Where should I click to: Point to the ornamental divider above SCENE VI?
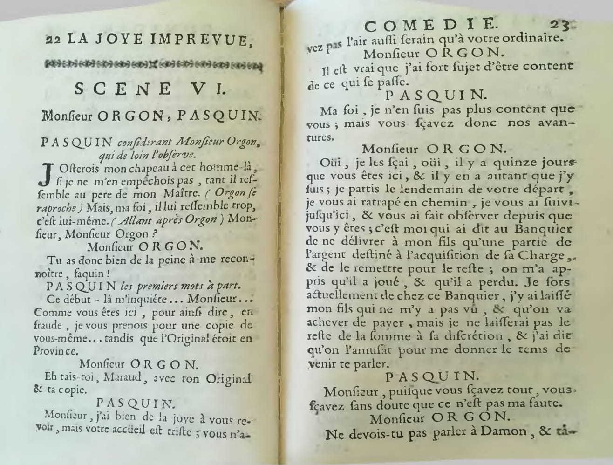[153, 66]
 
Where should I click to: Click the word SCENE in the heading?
[123, 89]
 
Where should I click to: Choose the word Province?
[55, 351]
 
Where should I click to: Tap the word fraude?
[48, 326]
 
